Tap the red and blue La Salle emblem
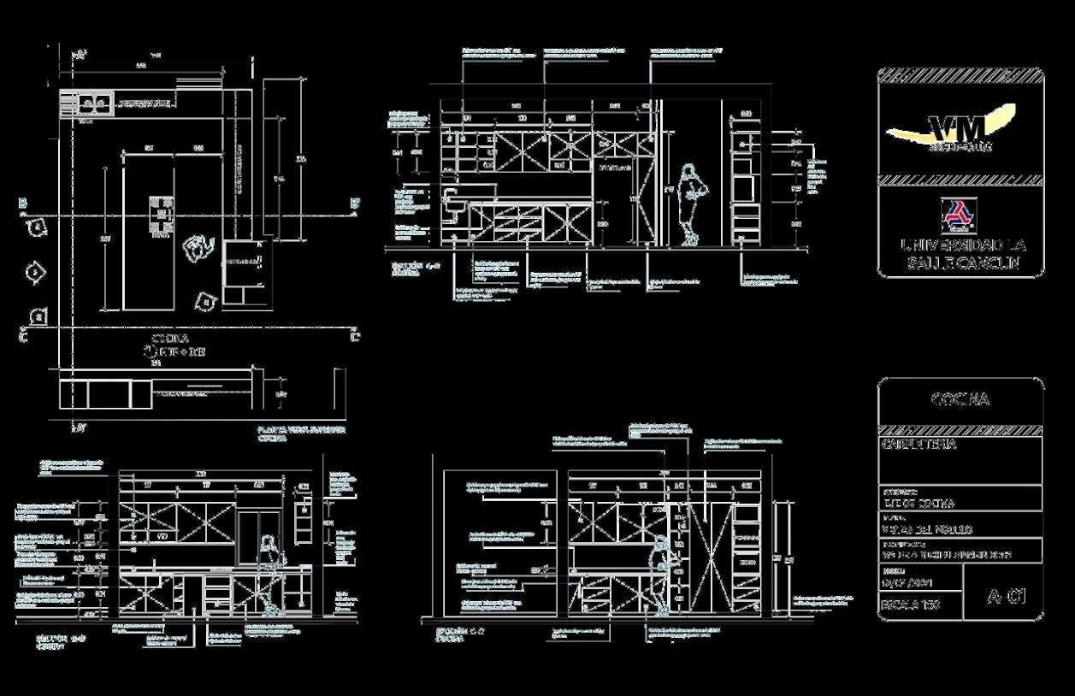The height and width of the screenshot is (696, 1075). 955,215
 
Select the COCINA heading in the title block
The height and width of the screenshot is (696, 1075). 960,399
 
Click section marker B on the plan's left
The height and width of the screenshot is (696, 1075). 22,203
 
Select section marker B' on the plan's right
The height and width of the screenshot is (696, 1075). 353,203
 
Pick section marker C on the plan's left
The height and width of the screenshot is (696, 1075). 22,337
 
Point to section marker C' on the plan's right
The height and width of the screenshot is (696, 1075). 353,337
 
